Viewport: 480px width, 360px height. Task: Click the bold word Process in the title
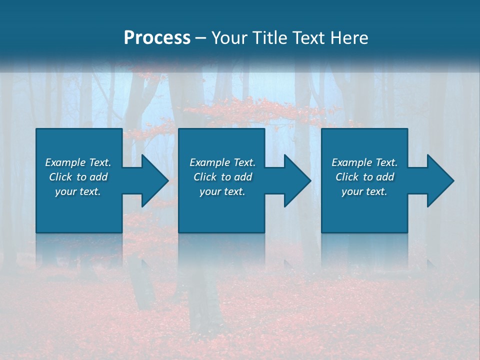(x=157, y=38)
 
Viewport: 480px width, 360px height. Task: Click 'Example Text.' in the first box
(x=78, y=162)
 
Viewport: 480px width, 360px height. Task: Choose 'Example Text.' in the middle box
(x=222, y=162)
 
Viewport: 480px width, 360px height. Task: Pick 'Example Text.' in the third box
(x=364, y=162)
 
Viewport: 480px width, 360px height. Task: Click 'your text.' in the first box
(x=78, y=191)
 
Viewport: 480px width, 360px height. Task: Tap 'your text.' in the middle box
(x=222, y=191)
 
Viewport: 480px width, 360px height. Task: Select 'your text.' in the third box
(x=364, y=191)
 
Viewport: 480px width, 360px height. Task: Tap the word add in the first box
(x=99, y=177)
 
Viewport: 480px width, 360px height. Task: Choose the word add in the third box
(x=385, y=177)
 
